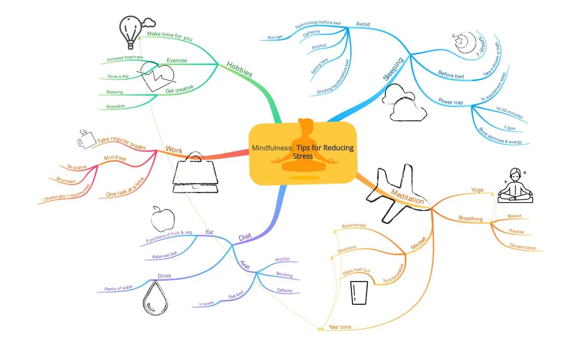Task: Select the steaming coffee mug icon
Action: pyautogui.click(x=85, y=140)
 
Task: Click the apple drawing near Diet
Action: pyautogui.click(x=163, y=219)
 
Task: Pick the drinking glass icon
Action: pyautogui.click(x=360, y=292)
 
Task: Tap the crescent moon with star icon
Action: pyautogui.click(x=465, y=42)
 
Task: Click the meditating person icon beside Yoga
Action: pyautogui.click(x=514, y=185)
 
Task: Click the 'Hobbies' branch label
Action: pyautogui.click(x=240, y=69)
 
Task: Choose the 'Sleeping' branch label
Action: pyautogui.click(x=393, y=69)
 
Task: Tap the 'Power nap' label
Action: pyautogui.click(x=451, y=102)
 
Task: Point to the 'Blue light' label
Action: pyautogui.click(x=275, y=37)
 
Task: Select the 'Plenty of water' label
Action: pyautogui.click(x=119, y=288)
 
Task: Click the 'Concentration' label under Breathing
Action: pyautogui.click(x=523, y=247)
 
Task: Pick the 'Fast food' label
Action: pyautogui.click(x=236, y=296)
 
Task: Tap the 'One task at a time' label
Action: pyautogui.click(x=125, y=187)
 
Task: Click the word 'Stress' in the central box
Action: pyautogui.click(x=303, y=156)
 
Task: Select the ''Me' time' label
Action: pyautogui.click(x=340, y=327)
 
